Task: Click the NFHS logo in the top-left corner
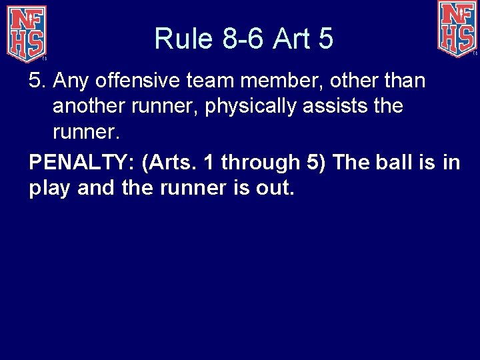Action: click(x=27, y=32)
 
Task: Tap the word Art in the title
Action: click(x=293, y=39)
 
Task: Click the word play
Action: click(x=50, y=188)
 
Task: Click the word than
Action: click(x=403, y=81)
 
